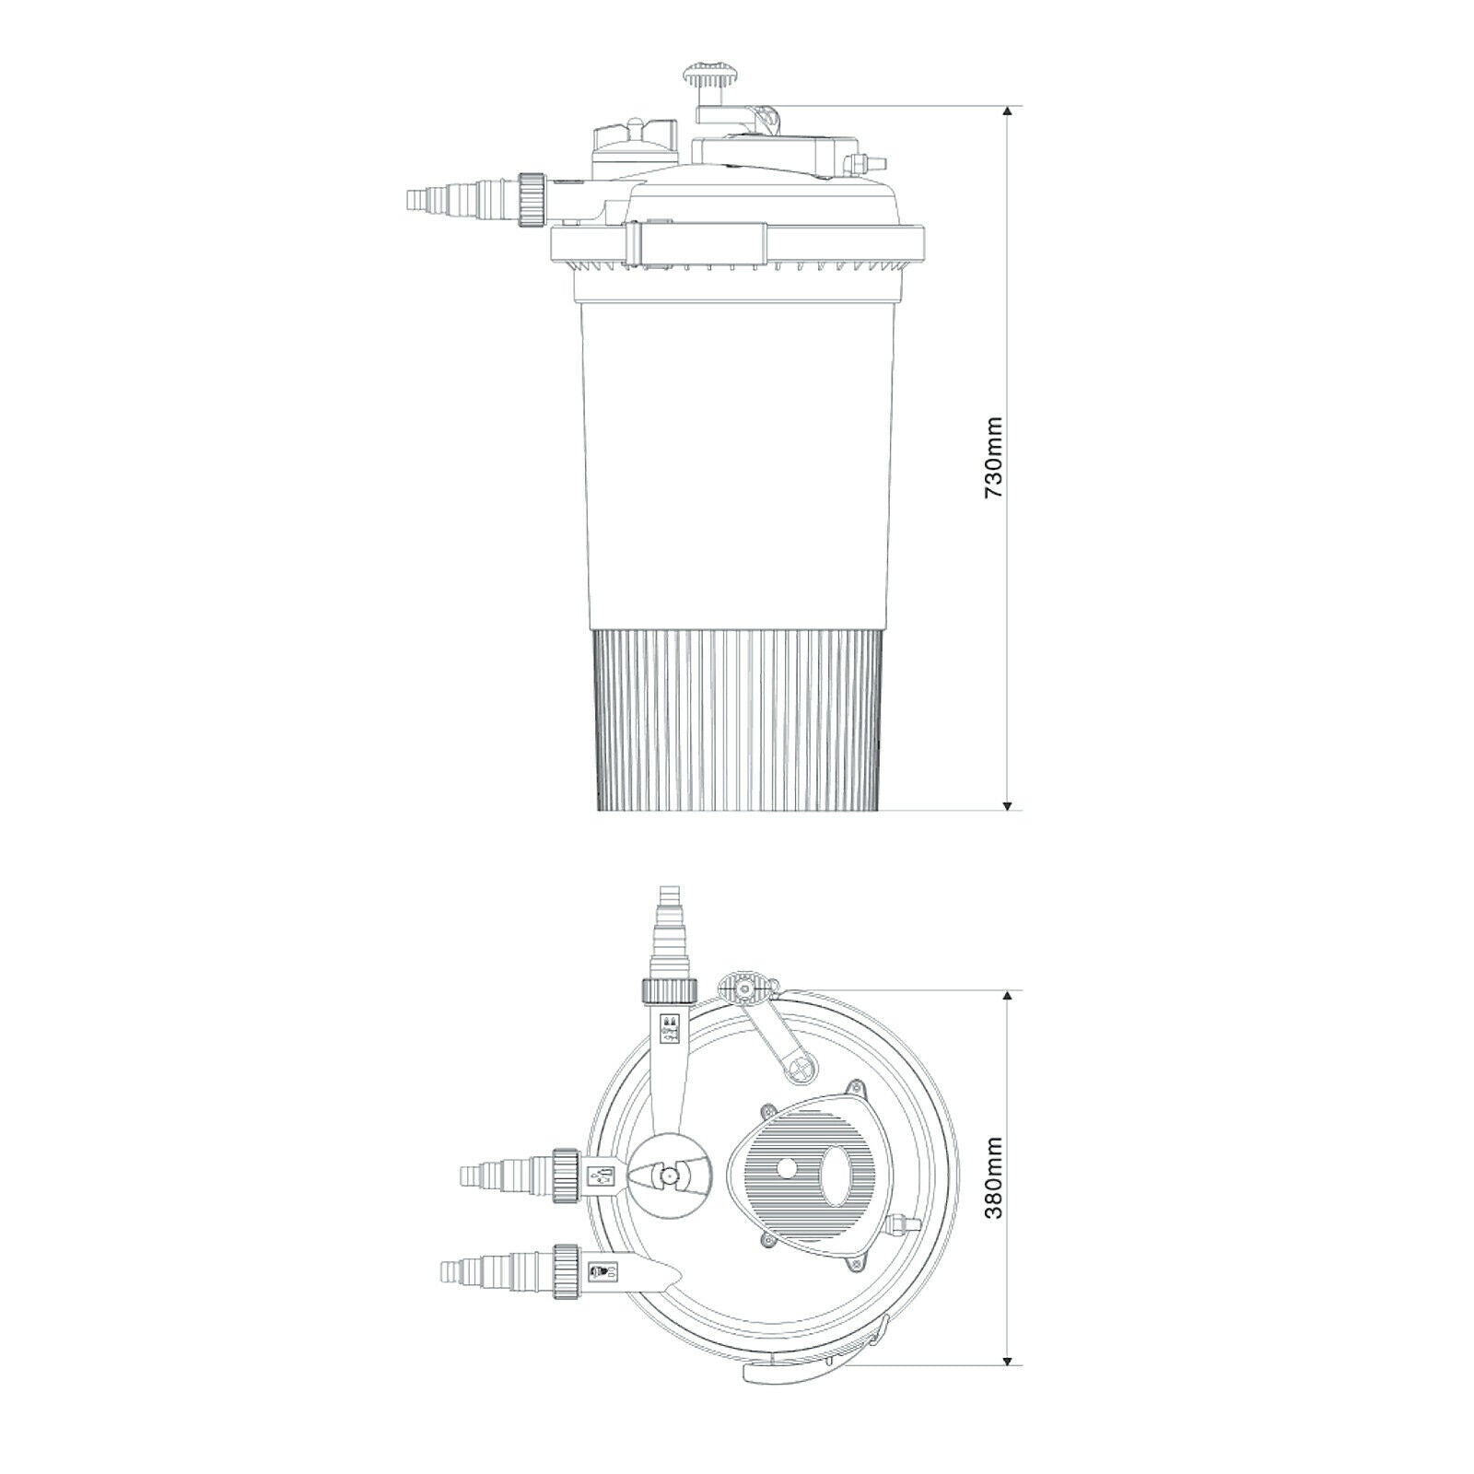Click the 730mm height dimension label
(x=994, y=459)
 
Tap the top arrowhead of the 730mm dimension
(x=1009, y=112)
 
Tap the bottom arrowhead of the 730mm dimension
(x=1009, y=803)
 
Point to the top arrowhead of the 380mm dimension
(x=1009, y=998)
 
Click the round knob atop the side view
(x=703, y=73)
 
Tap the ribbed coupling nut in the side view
(x=532, y=198)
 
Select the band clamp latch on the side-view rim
(x=696, y=244)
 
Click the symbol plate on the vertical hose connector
(x=670, y=1029)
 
